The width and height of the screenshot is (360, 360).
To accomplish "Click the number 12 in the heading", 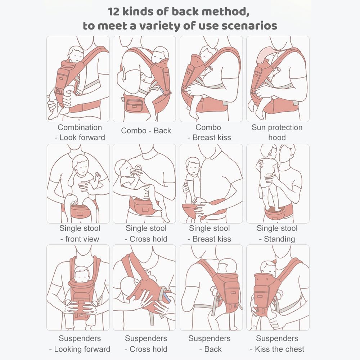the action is click(x=114, y=12).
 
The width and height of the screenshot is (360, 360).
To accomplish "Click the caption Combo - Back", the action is click(x=146, y=131).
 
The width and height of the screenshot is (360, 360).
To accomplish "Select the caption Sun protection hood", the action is click(x=277, y=132).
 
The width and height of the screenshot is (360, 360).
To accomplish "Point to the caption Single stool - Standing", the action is click(x=277, y=234).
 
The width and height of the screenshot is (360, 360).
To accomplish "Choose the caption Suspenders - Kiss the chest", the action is click(x=277, y=344).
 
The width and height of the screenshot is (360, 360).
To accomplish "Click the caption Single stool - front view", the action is click(x=80, y=234).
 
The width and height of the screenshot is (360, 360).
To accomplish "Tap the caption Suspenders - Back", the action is click(x=210, y=344).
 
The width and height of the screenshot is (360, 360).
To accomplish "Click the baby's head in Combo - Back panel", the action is click(x=160, y=55).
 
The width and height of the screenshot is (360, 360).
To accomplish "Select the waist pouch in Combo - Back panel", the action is click(x=135, y=105).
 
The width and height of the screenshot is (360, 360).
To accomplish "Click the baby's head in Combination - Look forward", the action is click(x=76, y=54).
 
